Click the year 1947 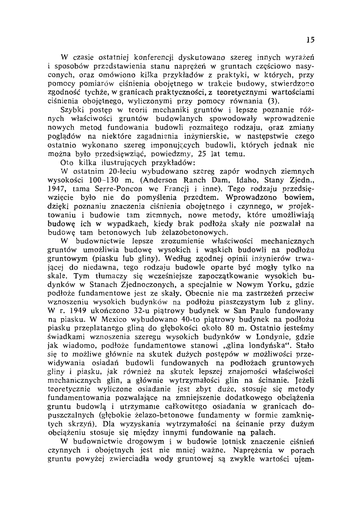tap(58, 189)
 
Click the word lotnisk tap(183, 442)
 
